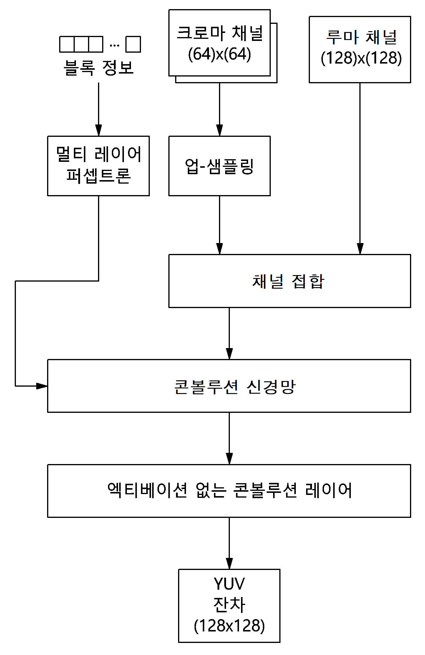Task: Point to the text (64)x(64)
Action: click(x=220, y=54)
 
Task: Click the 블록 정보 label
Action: click(x=99, y=68)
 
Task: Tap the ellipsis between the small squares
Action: click(x=114, y=45)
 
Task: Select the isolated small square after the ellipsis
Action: click(x=133, y=44)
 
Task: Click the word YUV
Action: click(x=229, y=584)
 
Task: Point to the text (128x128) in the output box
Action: click(x=229, y=626)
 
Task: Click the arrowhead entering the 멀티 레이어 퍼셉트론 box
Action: click(x=99, y=130)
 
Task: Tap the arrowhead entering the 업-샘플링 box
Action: click(x=219, y=130)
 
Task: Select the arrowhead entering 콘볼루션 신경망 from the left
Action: click(x=42, y=386)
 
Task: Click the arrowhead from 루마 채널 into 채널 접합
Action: click(x=360, y=249)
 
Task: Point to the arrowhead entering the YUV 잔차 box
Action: click(x=229, y=563)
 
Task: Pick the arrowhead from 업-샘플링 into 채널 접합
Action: click(x=219, y=249)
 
